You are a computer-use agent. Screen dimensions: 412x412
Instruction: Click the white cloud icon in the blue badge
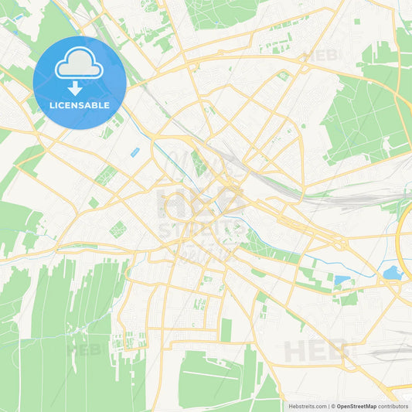pyautogui.click(x=79, y=67)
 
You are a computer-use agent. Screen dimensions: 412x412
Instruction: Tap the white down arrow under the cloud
pyautogui.click(x=75, y=87)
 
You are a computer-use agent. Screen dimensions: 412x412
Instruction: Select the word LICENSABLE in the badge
pyautogui.click(x=79, y=105)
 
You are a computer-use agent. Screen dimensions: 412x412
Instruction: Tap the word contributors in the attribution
pyautogui.click(x=394, y=406)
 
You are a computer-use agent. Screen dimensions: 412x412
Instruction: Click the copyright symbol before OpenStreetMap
pyautogui.click(x=332, y=406)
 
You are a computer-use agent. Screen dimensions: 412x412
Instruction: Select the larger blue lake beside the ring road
pyautogui.click(x=393, y=272)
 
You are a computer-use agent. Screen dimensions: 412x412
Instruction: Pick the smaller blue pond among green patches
pyautogui.click(x=341, y=280)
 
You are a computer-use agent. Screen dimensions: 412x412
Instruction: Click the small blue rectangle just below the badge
pyautogui.click(x=136, y=152)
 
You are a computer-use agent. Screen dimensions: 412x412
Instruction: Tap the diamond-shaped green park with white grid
pyautogui.click(x=118, y=229)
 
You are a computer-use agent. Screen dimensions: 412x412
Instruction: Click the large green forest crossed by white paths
pyautogui.click(x=363, y=116)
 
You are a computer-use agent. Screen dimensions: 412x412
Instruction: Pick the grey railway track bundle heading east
pyautogui.click(x=348, y=198)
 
